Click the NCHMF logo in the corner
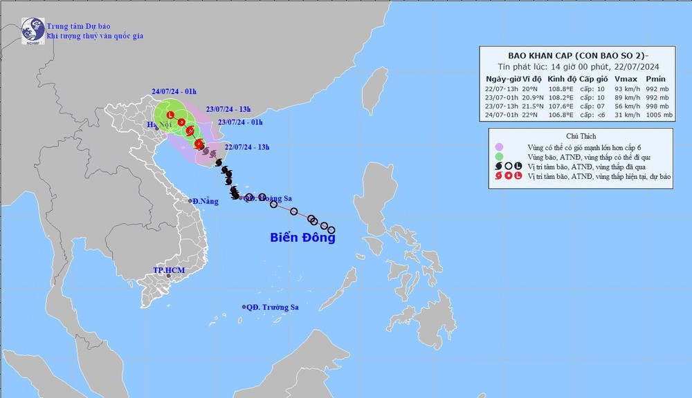[x=32, y=30]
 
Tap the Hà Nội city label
[x=158, y=125]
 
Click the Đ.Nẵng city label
[x=206, y=201]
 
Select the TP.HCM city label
[x=170, y=269]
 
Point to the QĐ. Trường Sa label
[x=271, y=307]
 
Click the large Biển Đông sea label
[x=302, y=238]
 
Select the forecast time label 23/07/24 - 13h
[x=229, y=108]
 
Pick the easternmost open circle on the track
[x=331, y=230]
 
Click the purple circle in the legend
[x=498, y=146]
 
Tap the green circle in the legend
[x=498, y=157]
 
